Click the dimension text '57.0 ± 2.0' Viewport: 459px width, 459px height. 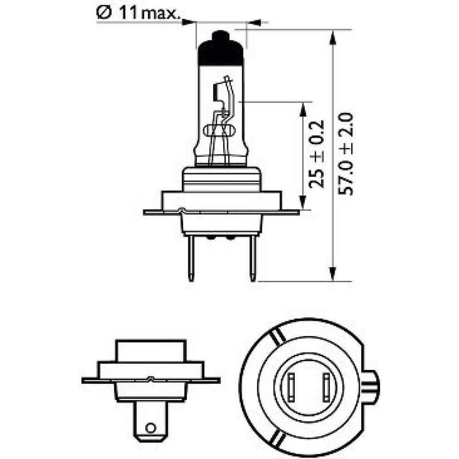[346, 154]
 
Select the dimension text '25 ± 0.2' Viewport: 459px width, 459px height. [316, 154]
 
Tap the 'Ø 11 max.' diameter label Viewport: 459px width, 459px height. [138, 13]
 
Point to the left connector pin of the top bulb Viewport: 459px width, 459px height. [191, 258]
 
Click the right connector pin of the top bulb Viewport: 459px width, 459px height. [252, 258]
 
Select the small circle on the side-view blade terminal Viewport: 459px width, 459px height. [151, 428]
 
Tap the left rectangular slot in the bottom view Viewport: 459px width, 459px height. [291, 387]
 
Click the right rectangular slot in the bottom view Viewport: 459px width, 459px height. [326, 387]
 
